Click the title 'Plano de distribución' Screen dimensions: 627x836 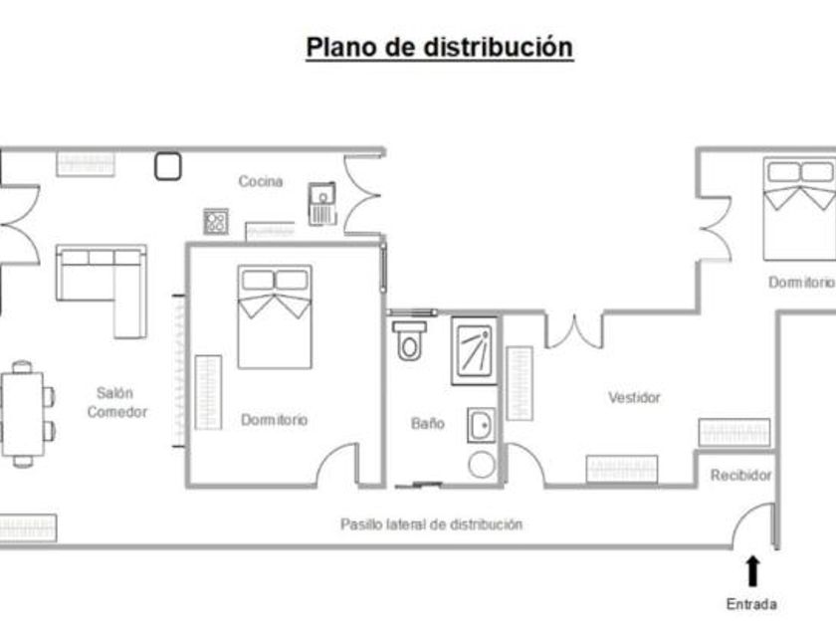point(439,47)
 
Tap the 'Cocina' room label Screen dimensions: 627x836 point(261,181)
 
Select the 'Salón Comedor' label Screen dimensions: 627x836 point(116,402)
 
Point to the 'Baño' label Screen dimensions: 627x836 point(428,423)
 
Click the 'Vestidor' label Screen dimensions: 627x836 point(634,397)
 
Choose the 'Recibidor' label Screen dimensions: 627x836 point(740,476)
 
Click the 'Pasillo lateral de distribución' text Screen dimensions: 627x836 point(431,524)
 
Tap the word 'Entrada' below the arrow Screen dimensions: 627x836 point(751,603)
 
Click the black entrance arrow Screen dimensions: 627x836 point(752,570)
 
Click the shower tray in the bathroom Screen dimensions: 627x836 point(475,350)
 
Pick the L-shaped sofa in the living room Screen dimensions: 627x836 point(103,282)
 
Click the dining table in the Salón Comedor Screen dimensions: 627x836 point(21,412)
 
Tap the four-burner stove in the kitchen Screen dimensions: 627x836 point(216,221)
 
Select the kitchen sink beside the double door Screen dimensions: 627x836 point(322,205)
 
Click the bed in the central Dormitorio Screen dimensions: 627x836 point(274,315)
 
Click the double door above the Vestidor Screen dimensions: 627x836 point(575,329)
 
